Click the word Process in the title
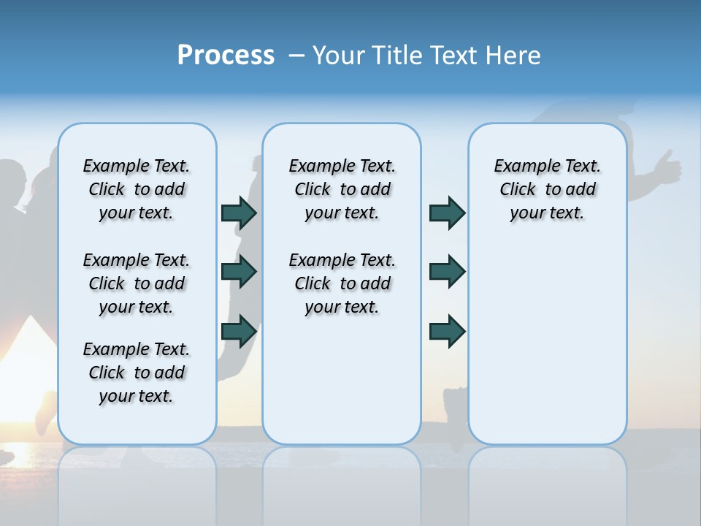coord(226,56)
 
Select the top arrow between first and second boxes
coord(238,213)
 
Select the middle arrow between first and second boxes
coord(238,272)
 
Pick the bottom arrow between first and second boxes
coord(238,332)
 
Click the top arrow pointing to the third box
coord(446,213)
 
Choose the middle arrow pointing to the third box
coord(446,272)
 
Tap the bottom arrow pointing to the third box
coord(446,332)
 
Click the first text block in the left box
coord(137,189)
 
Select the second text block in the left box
coord(137,283)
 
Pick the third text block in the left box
coord(137,373)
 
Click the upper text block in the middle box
coord(342,189)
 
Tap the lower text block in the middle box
coord(342,283)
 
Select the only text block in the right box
coord(547,189)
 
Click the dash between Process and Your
coord(296,56)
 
